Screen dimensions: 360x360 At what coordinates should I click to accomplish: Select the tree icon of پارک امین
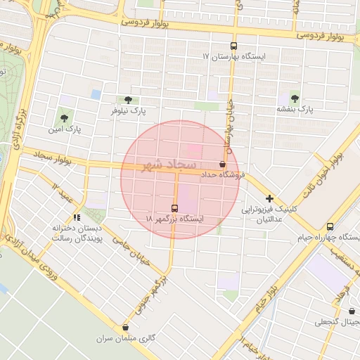tap(65, 119)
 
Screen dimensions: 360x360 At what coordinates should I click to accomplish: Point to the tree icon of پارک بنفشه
tap(294, 98)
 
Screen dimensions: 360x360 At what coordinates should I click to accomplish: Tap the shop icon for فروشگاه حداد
tap(223, 164)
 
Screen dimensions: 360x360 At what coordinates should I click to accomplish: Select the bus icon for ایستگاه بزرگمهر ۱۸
tap(174, 208)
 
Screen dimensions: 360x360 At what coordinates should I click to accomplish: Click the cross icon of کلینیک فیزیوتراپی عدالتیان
tap(269, 199)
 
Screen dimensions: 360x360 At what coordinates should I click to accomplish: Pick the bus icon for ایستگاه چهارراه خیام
tap(330, 226)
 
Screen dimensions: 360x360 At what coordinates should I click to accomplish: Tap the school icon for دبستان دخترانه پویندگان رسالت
tap(77, 218)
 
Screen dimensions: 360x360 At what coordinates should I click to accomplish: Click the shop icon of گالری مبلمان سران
tap(125, 327)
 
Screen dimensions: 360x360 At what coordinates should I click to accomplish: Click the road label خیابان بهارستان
tap(229, 127)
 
